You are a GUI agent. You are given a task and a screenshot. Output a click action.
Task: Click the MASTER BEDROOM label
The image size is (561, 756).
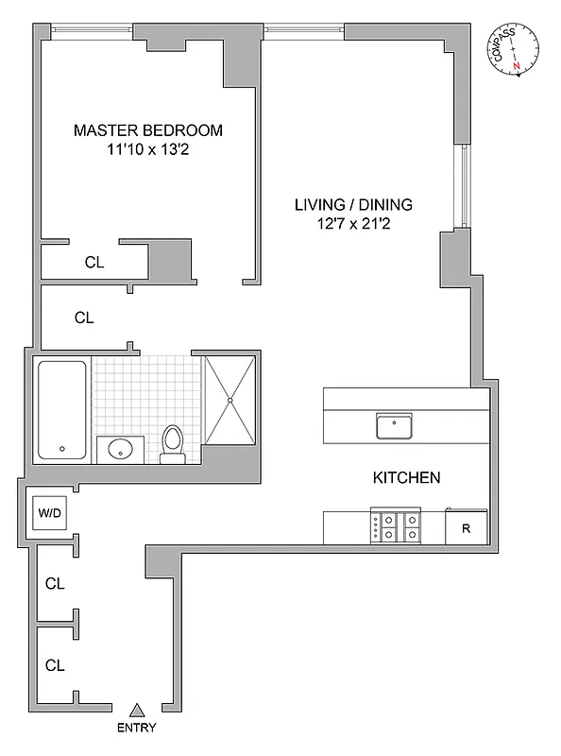coord(148,130)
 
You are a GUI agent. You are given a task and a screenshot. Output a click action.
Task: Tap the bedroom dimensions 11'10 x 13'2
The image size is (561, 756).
coord(148,149)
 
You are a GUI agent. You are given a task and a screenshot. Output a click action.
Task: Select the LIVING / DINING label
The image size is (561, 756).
coord(353,204)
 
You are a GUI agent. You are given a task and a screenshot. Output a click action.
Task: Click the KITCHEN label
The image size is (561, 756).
coord(405,478)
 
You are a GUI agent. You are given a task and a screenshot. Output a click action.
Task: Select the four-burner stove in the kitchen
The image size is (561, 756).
coord(397,525)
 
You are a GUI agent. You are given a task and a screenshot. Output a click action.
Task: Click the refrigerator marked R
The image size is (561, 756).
coord(466,527)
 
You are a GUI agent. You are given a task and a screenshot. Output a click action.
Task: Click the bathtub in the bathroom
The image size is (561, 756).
coord(62,409)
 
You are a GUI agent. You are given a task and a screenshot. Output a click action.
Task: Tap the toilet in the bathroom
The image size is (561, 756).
coord(173,444)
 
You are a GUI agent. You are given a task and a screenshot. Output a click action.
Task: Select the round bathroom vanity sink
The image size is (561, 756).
coord(120,449)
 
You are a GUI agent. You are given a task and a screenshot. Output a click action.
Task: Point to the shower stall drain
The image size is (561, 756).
coord(229,399)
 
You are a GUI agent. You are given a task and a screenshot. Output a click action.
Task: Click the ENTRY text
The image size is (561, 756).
coord(137,728)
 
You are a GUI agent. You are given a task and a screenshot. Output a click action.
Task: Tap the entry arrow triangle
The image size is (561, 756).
coord(137,709)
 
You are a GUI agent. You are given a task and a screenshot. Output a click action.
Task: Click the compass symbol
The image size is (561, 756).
coord(513,48)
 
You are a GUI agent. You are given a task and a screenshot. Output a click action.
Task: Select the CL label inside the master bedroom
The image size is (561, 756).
coord(93,264)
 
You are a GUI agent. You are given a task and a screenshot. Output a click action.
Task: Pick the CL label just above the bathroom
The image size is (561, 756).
coord(84,318)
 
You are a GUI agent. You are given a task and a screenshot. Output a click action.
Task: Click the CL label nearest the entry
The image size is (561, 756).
coord(55,665)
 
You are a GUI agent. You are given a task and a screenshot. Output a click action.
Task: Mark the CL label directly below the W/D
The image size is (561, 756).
coord(55,584)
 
